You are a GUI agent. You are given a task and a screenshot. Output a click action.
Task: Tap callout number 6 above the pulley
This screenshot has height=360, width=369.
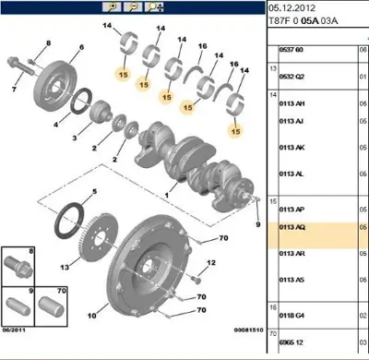tap(80, 47)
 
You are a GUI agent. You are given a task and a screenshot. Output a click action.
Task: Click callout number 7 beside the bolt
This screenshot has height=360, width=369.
tap(13, 90)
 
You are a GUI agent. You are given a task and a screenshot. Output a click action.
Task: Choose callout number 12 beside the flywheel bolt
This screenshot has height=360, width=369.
tap(210, 265)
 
